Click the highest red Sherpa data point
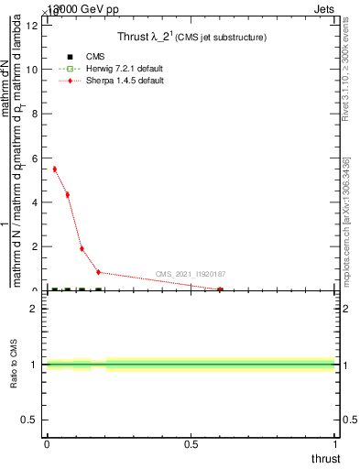pyautogui.click(x=55, y=169)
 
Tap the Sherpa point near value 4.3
pyautogui.click(x=68, y=195)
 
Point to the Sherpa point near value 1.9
pyautogui.click(x=82, y=248)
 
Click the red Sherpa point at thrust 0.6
pyautogui.click(x=220, y=289)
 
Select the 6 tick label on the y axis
pyautogui.click(x=34, y=158)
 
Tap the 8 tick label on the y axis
pyautogui.click(x=34, y=114)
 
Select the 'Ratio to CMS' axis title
pyautogui.click(x=15, y=365)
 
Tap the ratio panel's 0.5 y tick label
pyautogui.click(x=29, y=420)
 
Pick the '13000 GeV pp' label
pyautogui.click(x=82, y=8)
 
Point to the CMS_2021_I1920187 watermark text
pyautogui.click(x=190, y=274)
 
